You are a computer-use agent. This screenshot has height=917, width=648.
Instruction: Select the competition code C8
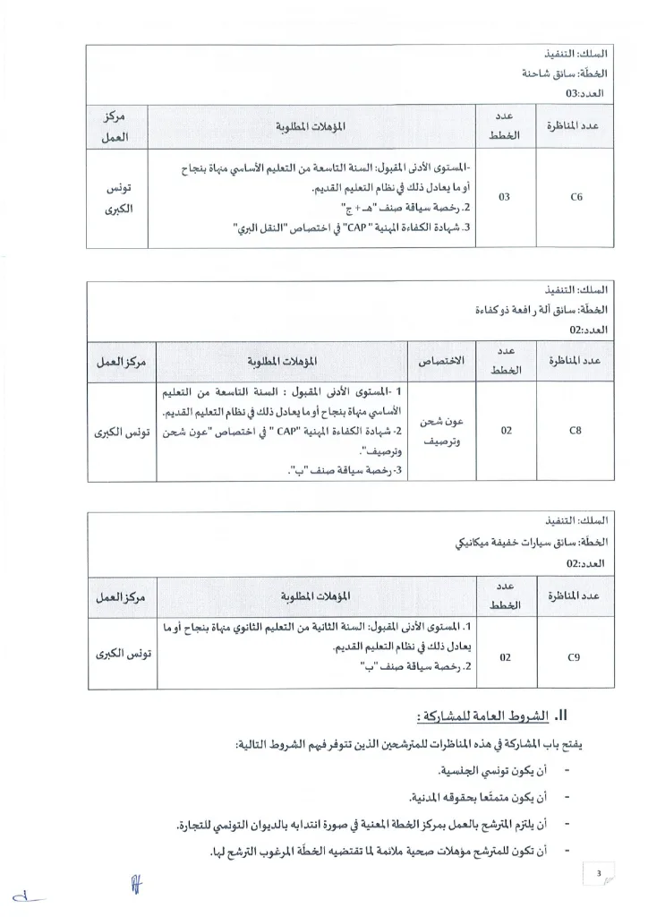[x=576, y=431]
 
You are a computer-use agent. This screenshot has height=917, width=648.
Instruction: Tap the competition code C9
[x=575, y=656]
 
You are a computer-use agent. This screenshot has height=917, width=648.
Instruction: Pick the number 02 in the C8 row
[x=507, y=431]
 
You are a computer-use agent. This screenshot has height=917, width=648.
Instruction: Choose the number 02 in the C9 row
[x=507, y=656]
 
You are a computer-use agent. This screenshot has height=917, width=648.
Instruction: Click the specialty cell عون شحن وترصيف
[x=441, y=431]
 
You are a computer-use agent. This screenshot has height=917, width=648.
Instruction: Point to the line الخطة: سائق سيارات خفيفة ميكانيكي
[x=532, y=543]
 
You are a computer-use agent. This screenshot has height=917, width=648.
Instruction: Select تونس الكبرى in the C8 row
[x=125, y=432]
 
